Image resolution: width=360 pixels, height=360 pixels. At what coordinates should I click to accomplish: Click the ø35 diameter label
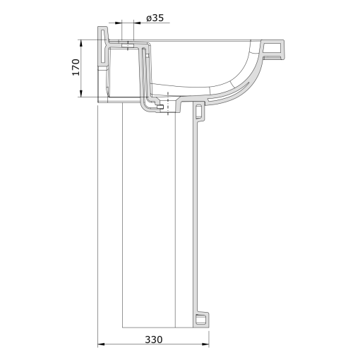[155, 18]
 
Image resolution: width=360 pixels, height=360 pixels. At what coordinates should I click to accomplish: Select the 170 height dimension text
[76, 67]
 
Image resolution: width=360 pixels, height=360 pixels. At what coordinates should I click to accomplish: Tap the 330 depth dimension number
[153, 340]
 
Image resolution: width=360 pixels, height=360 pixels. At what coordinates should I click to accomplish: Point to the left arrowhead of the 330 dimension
[101, 344]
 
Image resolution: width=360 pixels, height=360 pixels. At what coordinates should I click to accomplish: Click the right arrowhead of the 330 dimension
[205, 344]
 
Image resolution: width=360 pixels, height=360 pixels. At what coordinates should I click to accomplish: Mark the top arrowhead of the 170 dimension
[81, 44]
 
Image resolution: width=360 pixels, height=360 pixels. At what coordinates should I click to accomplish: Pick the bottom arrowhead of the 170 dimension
[81, 93]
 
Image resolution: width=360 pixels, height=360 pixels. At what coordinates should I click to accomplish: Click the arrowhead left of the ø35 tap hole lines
[118, 23]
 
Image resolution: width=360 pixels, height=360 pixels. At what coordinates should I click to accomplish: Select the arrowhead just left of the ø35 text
[137, 23]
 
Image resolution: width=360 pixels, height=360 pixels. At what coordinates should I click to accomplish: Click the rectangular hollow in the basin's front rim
[272, 48]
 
